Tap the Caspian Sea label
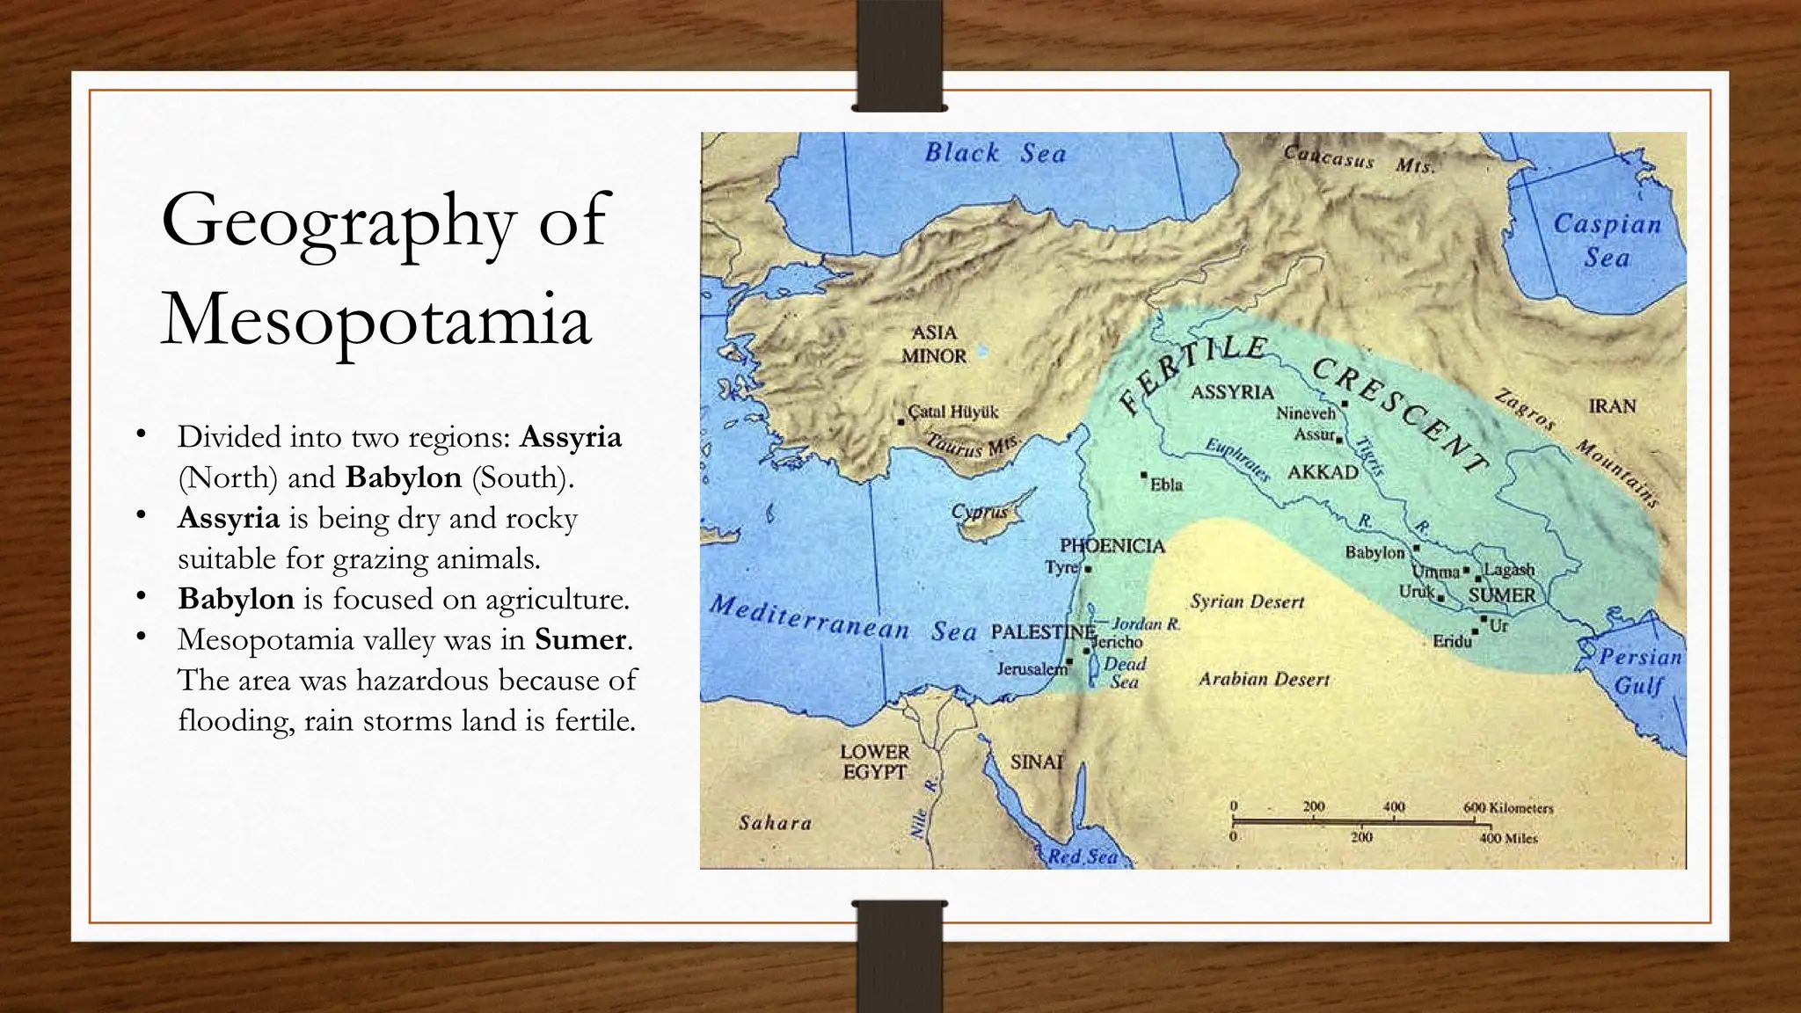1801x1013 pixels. tap(1607, 240)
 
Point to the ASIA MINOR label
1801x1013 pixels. tap(933, 344)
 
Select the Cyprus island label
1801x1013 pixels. tap(979, 512)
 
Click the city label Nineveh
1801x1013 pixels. tap(1306, 412)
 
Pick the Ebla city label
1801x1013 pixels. tap(1166, 485)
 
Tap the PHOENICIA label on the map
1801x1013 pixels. tap(1112, 546)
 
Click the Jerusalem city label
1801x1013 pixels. tap(1032, 669)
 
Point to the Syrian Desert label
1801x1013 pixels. tap(1247, 602)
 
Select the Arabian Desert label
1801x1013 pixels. tap(1264, 679)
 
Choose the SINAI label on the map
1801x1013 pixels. tap(1037, 762)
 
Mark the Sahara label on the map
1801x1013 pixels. tap(775, 823)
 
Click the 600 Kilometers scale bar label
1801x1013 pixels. tap(1508, 807)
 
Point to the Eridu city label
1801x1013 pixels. tap(1452, 641)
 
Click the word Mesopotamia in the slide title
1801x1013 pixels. tap(376, 319)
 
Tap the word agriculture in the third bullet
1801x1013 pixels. tap(557, 599)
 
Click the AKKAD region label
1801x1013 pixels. tap(1323, 472)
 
